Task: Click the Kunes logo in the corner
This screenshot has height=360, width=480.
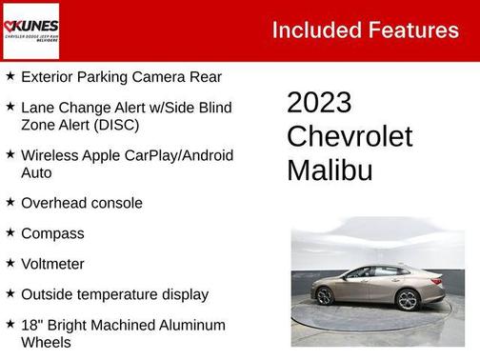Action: pyautogui.click(x=30, y=30)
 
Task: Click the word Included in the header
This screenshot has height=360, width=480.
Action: pyautogui.click(x=316, y=30)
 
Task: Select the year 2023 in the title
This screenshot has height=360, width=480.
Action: pyautogui.click(x=319, y=103)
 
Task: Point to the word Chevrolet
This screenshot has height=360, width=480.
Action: pyautogui.click(x=350, y=136)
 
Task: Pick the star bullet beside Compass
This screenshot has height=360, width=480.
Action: pyautogui.click(x=10, y=232)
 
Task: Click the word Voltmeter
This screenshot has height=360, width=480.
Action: pyautogui.click(x=52, y=264)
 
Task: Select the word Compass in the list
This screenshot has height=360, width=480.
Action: pyautogui.click(x=52, y=233)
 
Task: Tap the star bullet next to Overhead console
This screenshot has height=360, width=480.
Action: pyautogui.click(x=10, y=202)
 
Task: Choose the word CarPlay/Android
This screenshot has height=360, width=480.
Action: pyautogui.click(x=173, y=154)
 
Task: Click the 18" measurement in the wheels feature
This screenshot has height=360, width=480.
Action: pyautogui.click(x=31, y=325)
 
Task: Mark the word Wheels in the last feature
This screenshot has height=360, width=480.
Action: pyautogui.click(x=46, y=342)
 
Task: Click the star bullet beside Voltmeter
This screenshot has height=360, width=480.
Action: pyautogui.click(x=10, y=263)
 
